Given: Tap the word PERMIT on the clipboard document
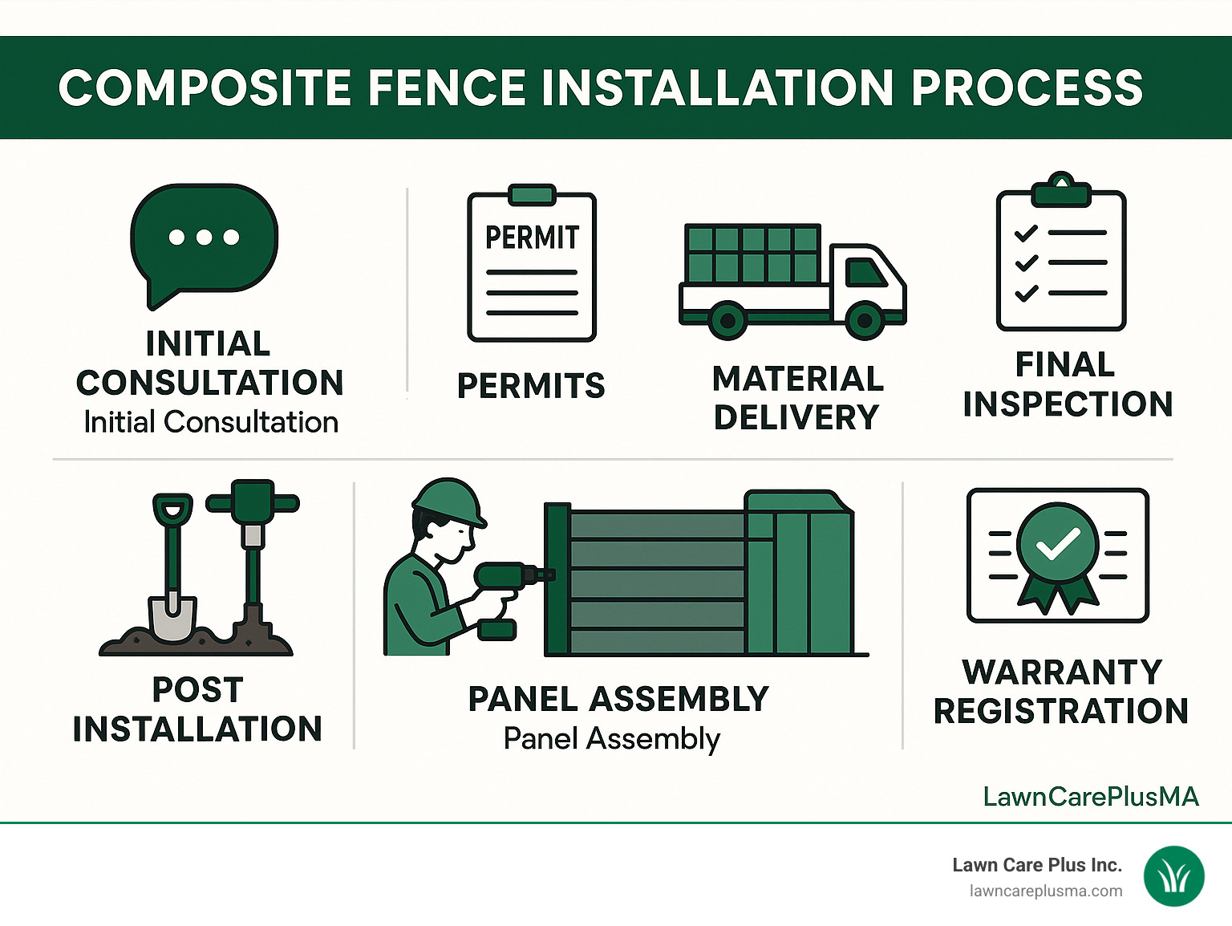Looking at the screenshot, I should pyautogui.click(x=532, y=238).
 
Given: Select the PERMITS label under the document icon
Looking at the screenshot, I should pyautogui.click(x=531, y=386).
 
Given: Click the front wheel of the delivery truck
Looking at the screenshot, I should pyautogui.click(x=865, y=321).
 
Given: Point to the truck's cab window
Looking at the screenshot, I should pyautogui.click(x=865, y=272).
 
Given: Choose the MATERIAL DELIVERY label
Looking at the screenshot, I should pyautogui.click(x=797, y=398).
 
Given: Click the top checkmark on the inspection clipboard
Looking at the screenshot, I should pyautogui.click(x=1026, y=234).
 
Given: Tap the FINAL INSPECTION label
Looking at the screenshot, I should pyautogui.click(x=1067, y=384).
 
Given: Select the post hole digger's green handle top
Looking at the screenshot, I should pyautogui.click(x=253, y=502).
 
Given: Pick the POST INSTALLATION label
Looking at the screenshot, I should pyautogui.click(x=197, y=709).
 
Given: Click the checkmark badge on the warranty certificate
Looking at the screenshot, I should pyautogui.click(x=1058, y=546).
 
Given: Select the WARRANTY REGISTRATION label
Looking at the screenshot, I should pyautogui.click(x=1060, y=691).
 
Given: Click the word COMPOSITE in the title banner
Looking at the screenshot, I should pyautogui.click(x=205, y=87).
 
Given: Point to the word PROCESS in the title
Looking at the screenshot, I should pyautogui.click(x=1027, y=87).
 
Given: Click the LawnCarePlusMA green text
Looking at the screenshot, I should pyautogui.click(x=1091, y=796).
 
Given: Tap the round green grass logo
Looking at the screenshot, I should pyautogui.click(x=1173, y=877).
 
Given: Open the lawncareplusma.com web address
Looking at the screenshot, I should pyautogui.click(x=1045, y=891).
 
